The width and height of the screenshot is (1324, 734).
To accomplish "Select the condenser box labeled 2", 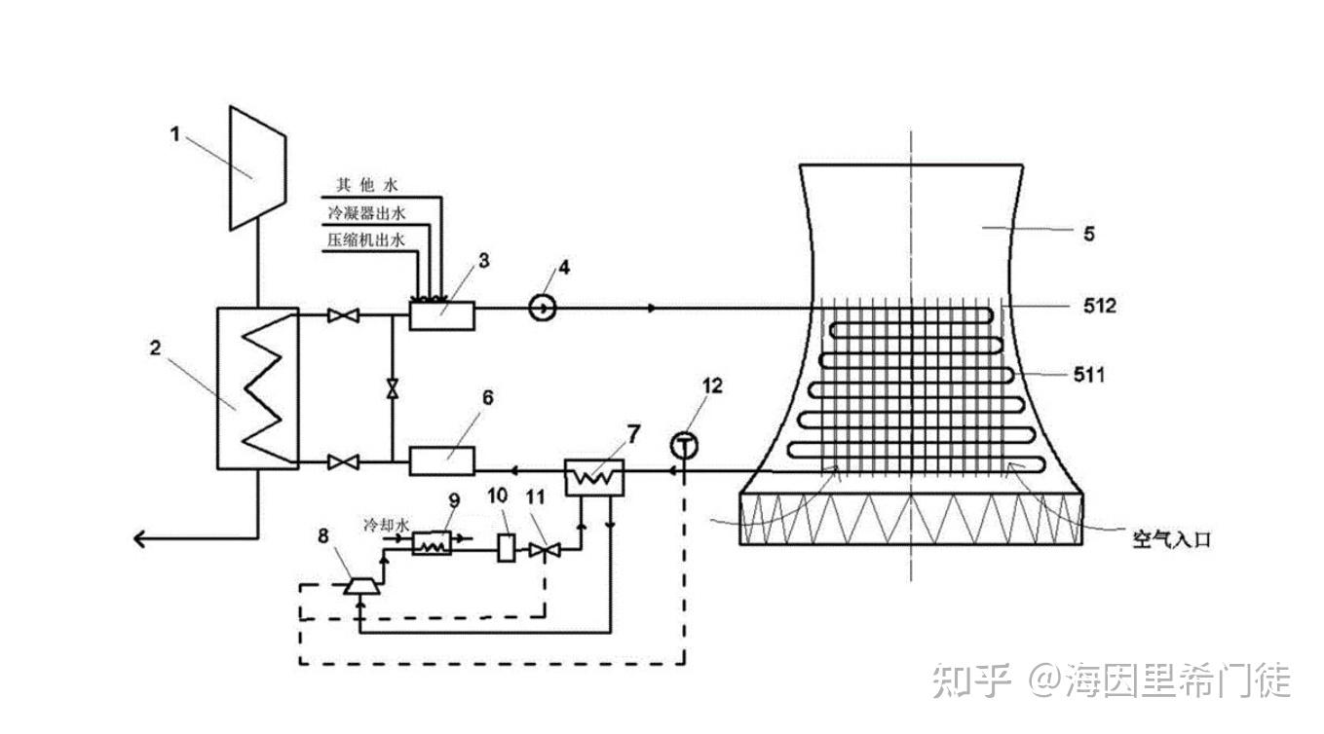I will [256, 387].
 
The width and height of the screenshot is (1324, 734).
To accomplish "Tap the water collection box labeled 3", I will [441, 314].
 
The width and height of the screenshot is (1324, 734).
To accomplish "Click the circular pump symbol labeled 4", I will [543, 309].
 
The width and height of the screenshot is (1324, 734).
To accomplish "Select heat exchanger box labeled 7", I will [596, 478].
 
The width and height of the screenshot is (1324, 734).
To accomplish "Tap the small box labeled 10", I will [505, 548].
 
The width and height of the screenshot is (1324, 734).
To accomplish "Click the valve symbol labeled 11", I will [539, 551].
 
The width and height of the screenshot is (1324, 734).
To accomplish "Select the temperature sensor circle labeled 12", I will [685, 446].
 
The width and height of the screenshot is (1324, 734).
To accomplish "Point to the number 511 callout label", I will [1088, 374].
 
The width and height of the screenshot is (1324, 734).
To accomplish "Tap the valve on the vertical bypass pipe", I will [392, 387].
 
